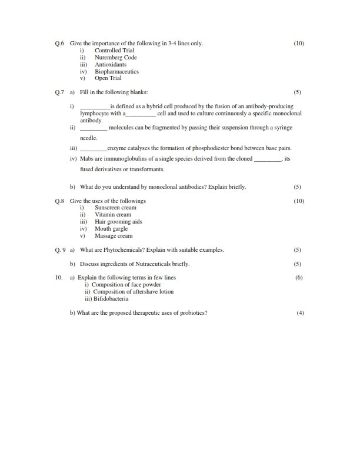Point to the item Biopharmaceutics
tap(116, 71)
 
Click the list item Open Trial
tap(108, 78)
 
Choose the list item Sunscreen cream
tap(115, 208)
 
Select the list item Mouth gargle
tap(111, 229)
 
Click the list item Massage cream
tap(114, 236)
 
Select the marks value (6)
tap(299, 277)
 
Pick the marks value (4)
tap(301, 312)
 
